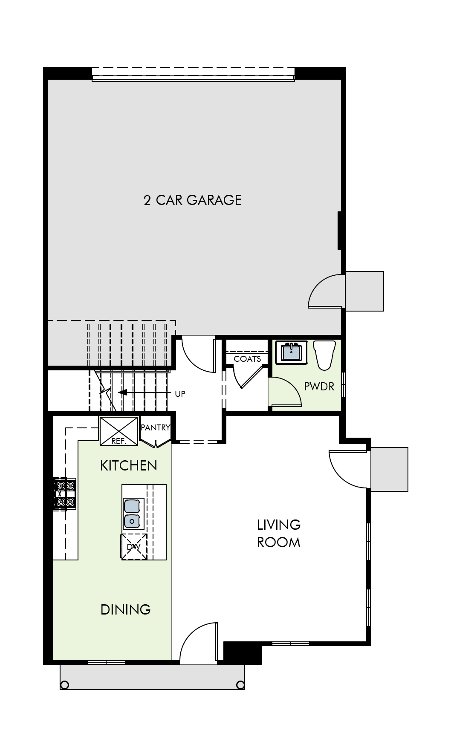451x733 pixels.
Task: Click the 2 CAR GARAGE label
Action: click(193, 200)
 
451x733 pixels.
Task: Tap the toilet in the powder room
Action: click(324, 355)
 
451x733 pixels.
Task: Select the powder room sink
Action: click(291, 352)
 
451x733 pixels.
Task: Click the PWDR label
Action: click(319, 387)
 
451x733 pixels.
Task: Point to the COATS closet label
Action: click(247, 359)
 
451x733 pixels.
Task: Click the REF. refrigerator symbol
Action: click(119, 431)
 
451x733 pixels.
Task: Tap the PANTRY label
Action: click(156, 427)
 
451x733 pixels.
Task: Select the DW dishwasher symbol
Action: click(134, 547)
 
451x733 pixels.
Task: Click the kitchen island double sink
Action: click(133, 514)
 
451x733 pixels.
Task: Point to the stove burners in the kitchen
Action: click(66, 494)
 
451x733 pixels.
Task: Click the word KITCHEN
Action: click(128, 465)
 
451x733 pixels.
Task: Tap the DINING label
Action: click(125, 609)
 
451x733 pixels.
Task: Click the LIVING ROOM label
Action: click(279, 533)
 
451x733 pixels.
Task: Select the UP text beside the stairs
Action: click(180, 394)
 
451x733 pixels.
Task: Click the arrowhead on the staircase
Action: click(122, 392)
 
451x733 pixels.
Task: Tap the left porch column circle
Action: click(65, 685)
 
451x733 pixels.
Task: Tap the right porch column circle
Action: click(240, 685)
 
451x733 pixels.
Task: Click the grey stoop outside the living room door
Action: click(389, 469)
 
